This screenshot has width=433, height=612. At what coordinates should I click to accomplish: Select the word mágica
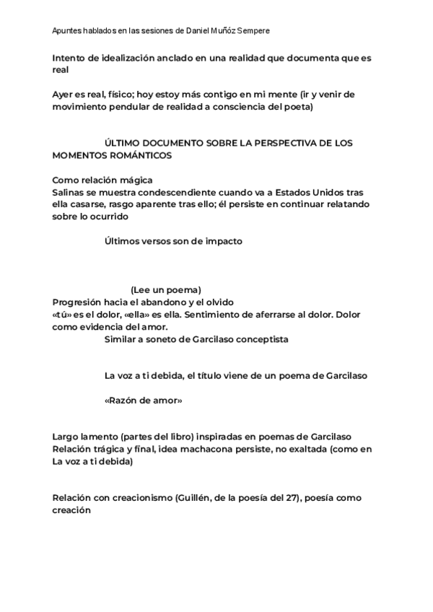pos(134,180)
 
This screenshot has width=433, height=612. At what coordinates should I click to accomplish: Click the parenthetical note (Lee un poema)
pos(166,289)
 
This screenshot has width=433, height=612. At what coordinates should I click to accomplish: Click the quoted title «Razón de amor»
pos(143,400)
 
